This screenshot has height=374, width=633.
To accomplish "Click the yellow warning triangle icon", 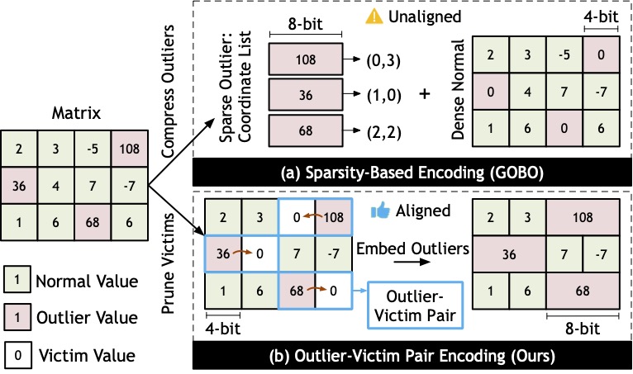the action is coord(374,17).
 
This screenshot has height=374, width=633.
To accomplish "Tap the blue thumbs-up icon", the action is coord(380,211).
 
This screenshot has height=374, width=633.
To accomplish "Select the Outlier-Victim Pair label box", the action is coord(415,305).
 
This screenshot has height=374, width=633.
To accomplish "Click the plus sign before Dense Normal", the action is coord(424,94).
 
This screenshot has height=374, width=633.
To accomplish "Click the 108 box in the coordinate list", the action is coord(306,59).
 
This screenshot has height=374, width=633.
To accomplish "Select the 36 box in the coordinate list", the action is coord(306,95).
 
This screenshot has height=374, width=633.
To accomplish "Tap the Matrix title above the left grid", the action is coord(76,113).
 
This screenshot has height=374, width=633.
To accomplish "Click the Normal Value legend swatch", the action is coord(17,279).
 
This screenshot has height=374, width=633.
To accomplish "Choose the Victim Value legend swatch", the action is coord(17,355).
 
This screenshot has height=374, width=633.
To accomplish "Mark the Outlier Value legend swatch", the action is coord(17,317).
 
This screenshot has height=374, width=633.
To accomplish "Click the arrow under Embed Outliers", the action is coord(412,262).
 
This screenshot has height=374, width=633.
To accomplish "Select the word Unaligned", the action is coord(425,17).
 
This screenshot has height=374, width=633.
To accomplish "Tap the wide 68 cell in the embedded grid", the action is coord(583,291).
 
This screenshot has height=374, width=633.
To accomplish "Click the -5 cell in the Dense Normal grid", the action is coord(564,54).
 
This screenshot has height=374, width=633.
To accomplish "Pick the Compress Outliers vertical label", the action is coord(168,91).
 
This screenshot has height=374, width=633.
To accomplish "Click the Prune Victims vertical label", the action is coord(168,263).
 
